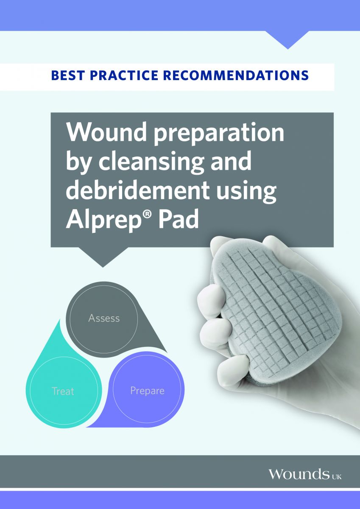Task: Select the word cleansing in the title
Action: (151, 164)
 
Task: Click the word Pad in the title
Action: (179, 218)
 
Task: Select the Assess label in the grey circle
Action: (104, 318)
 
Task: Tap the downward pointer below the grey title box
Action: (103, 257)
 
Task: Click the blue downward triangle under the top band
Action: (288, 39)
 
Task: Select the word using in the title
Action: (246, 192)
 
